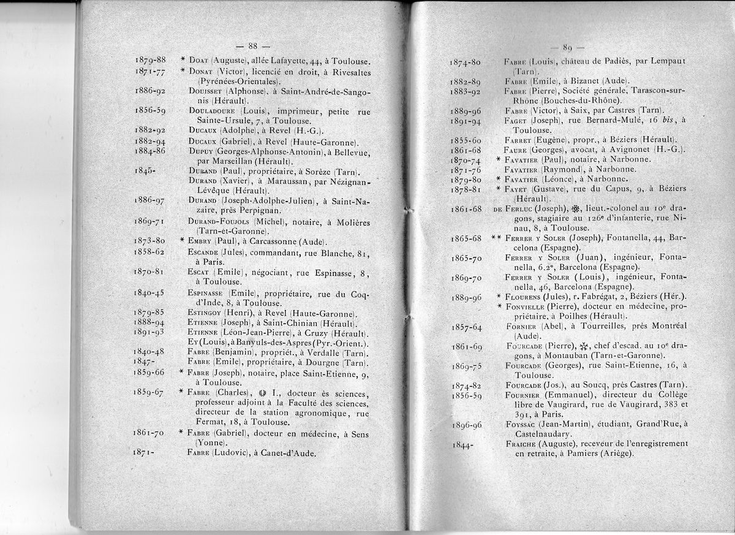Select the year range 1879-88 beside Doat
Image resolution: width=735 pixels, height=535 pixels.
149,60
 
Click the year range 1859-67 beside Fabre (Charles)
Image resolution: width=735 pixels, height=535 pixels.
148,393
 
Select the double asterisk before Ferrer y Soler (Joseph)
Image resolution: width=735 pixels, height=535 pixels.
496,237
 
